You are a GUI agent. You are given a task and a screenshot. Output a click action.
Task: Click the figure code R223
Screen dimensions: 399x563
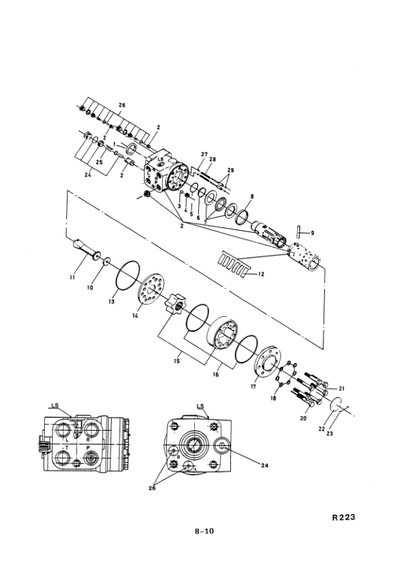(x=343, y=517)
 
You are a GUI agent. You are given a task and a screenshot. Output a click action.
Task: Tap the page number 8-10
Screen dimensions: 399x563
(x=204, y=531)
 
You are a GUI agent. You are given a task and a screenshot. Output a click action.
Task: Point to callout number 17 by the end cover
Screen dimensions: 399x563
(x=253, y=386)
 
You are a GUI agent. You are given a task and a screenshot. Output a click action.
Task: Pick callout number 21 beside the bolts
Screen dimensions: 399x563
(x=341, y=388)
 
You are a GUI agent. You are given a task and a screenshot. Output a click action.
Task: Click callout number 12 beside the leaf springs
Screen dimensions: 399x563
(x=261, y=274)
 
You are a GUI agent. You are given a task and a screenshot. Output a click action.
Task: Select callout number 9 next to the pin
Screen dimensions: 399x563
(x=312, y=233)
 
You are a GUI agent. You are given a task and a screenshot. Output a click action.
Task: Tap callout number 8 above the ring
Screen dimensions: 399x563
(x=252, y=197)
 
